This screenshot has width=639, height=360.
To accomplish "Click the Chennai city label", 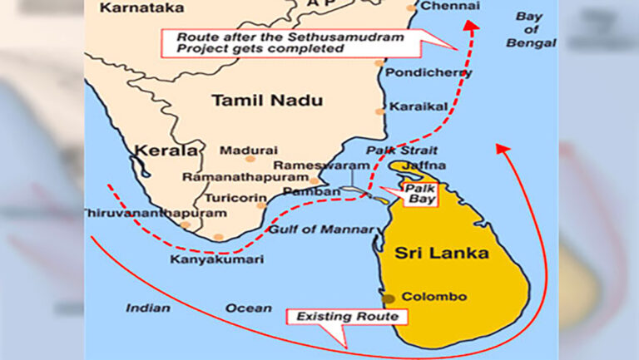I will click(451, 7).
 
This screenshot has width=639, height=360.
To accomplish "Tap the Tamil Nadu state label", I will click(255, 101).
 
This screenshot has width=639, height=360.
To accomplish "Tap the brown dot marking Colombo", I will click(389, 298).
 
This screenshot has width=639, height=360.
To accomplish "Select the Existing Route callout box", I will click(348, 317).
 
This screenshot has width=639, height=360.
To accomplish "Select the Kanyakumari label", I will click(216, 259).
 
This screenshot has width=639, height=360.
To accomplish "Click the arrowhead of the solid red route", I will click(502, 149).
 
